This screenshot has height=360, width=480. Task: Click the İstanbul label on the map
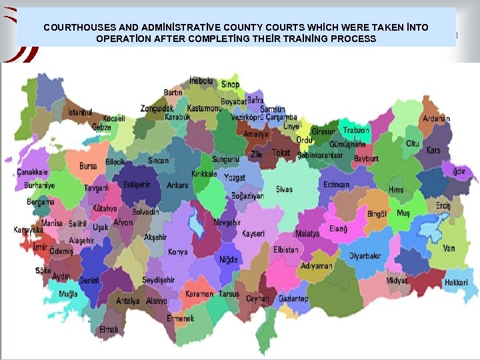pyautogui.click(x=79, y=113)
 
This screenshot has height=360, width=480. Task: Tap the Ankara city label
pyautogui.click(x=177, y=185)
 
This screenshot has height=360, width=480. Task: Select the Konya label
pyautogui.click(x=177, y=252)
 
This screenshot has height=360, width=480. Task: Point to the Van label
pyautogui.click(x=449, y=248)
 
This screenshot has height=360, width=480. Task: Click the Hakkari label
pyautogui.click(x=456, y=283)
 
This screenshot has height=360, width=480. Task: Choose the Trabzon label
pyautogui.click(x=356, y=131)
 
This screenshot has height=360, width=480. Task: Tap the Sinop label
pyautogui.click(x=230, y=85)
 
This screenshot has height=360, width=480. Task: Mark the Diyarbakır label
pyautogui.click(x=365, y=255)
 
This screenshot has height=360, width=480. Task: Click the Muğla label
pyautogui.click(x=68, y=294)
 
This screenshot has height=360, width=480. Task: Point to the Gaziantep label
pyautogui.click(x=293, y=299)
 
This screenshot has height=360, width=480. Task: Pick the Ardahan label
pyautogui.click(x=435, y=119)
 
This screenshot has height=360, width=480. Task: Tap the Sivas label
pyautogui.click(x=283, y=189)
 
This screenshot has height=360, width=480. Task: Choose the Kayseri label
pyautogui.click(x=253, y=234)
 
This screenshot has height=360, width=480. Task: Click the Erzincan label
pyautogui.click(x=336, y=185)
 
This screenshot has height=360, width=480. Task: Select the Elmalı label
pyautogui.click(x=109, y=329)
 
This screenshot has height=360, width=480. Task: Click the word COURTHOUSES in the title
pyautogui.click(x=79, y=28)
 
